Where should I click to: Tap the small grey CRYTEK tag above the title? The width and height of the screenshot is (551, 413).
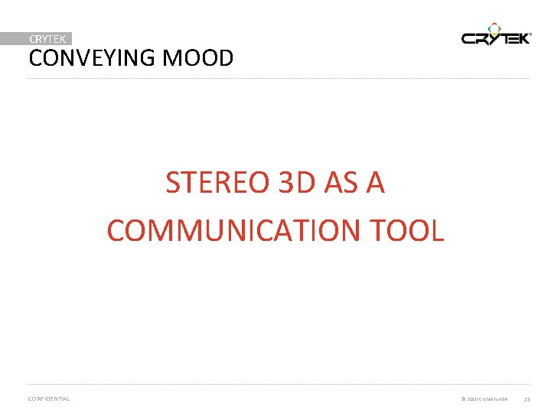point(47,38)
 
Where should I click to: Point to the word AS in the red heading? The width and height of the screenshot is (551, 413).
point(342,184)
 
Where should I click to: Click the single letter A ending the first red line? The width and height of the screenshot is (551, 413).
point(375,184)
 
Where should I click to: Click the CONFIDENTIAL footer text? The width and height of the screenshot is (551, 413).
point(48,398)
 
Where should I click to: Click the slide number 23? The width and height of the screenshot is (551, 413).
point(527,399)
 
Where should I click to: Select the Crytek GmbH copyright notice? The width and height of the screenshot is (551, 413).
point(484,399)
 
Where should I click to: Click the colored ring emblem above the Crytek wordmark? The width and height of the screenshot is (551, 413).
point(495,27)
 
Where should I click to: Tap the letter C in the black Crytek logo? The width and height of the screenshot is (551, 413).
point(469,38)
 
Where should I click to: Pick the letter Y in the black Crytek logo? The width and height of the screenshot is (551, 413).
point(495,38)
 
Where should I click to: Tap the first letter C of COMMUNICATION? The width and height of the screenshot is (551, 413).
point(116,230)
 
